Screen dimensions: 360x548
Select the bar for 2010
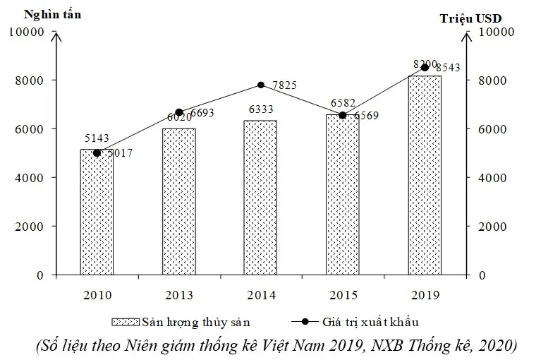point(97,212)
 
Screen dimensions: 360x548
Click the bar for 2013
point(178,201)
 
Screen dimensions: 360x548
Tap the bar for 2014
point(260,198)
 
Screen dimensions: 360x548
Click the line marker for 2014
point(260,85)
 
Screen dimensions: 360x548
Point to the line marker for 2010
point(97,152)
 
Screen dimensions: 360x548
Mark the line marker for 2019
point(425,67)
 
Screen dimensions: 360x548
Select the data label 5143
point(96,138)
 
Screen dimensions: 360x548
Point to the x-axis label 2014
point(260,294)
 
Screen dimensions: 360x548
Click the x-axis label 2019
point(425,294)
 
